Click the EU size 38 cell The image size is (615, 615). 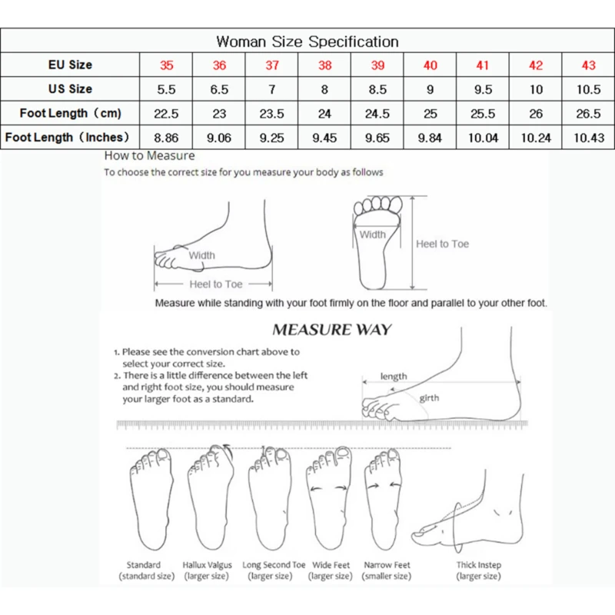[x=324, y=65]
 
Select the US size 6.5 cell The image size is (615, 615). [x=219, y=89]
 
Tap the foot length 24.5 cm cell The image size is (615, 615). [x=377, y=114]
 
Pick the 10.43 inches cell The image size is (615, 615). [x=588, y=138]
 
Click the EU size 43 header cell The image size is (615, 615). [x=588, y=65]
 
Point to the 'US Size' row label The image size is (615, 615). [x=70, y=89]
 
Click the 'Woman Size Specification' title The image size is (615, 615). [x=307, y=41]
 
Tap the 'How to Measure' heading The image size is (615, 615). [x=149, y=156]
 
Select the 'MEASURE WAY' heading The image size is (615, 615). [x=332, y=331]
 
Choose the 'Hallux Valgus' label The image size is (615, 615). [x=207, y=565]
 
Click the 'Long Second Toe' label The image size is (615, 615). [x=274, y=565]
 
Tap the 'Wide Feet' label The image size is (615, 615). [x=331, y=565]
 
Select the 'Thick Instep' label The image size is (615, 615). [x=478, y=565]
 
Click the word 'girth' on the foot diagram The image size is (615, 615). [x=429, y=398]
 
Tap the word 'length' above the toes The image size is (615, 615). [x=394, y=377]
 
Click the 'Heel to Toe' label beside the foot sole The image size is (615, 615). [x=442, y=244]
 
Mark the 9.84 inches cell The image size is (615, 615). [x=430, y=138]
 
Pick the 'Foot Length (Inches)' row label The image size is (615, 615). [x=70, y=138]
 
